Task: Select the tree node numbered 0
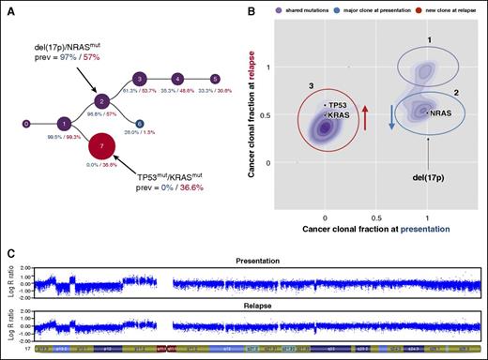25,123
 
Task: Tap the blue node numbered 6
139,124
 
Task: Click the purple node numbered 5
216,79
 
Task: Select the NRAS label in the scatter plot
437,112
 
